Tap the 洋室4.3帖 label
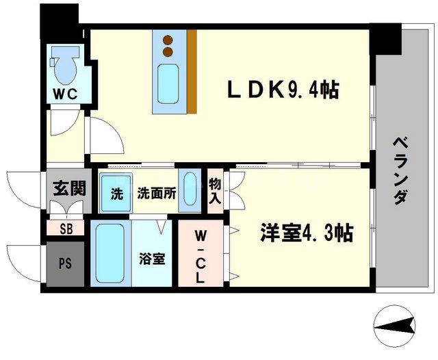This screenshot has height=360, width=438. pyautogui.click(x=305, y=233)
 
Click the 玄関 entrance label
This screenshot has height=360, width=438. pyautogui.click(x=69, y=188)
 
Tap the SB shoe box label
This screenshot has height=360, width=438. pyautogui.click(x=66, y=229)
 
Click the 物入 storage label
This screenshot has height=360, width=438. pyautogui.click(x=215, y=191)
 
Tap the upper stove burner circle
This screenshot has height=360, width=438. pyautogui.click(x=168, y=40)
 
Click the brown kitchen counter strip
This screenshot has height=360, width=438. pyautogui.click(x=192, y=72)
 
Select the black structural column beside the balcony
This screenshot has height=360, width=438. pyautogui.click(x=388, y=40)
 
